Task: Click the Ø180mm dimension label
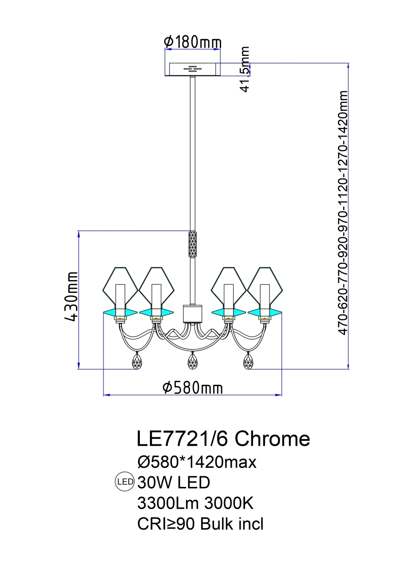[x=193, y=43]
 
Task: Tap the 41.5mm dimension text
[x=245, y=69]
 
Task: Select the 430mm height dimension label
[x=71, y=296]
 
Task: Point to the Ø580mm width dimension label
[x=193, y=388]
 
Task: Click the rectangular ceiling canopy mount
[x=193, y=69]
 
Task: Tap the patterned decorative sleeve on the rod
[x=193, y=245]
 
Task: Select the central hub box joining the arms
[x=193, y=313]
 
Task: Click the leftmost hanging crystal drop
[x=137, y=361]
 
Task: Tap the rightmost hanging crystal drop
[x=249, y=361]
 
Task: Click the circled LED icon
[x=124, y=482]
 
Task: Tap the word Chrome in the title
[x=272, y=439]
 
